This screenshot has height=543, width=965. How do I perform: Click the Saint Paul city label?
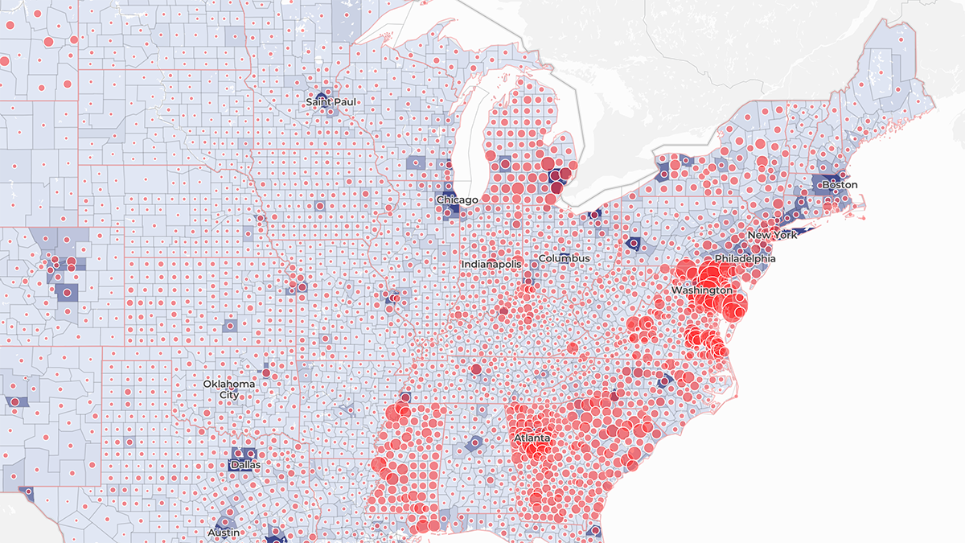[x=331, y=102]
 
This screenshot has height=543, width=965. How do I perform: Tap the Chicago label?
[x=457, y=200]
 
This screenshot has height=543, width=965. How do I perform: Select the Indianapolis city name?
[x=491, y=264]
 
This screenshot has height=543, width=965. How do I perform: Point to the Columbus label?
[x=564, y=258]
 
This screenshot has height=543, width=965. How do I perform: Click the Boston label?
[x=839, y=185]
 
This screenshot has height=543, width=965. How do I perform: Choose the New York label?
[x=772, y=235]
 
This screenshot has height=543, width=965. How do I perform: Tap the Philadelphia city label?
[x=745, y=259]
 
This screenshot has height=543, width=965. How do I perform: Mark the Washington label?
[x=702, y=290]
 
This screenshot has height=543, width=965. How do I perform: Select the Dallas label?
[x=245, y=465]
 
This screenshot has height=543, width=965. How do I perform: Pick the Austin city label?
[x=223, y=533]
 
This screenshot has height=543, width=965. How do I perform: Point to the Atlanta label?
[x=532, y=438]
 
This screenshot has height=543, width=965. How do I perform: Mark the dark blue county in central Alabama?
[x=475, y=443]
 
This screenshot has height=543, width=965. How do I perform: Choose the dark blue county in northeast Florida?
[x=596, y=532]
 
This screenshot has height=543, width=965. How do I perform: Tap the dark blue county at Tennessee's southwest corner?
[x=404, y=398]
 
